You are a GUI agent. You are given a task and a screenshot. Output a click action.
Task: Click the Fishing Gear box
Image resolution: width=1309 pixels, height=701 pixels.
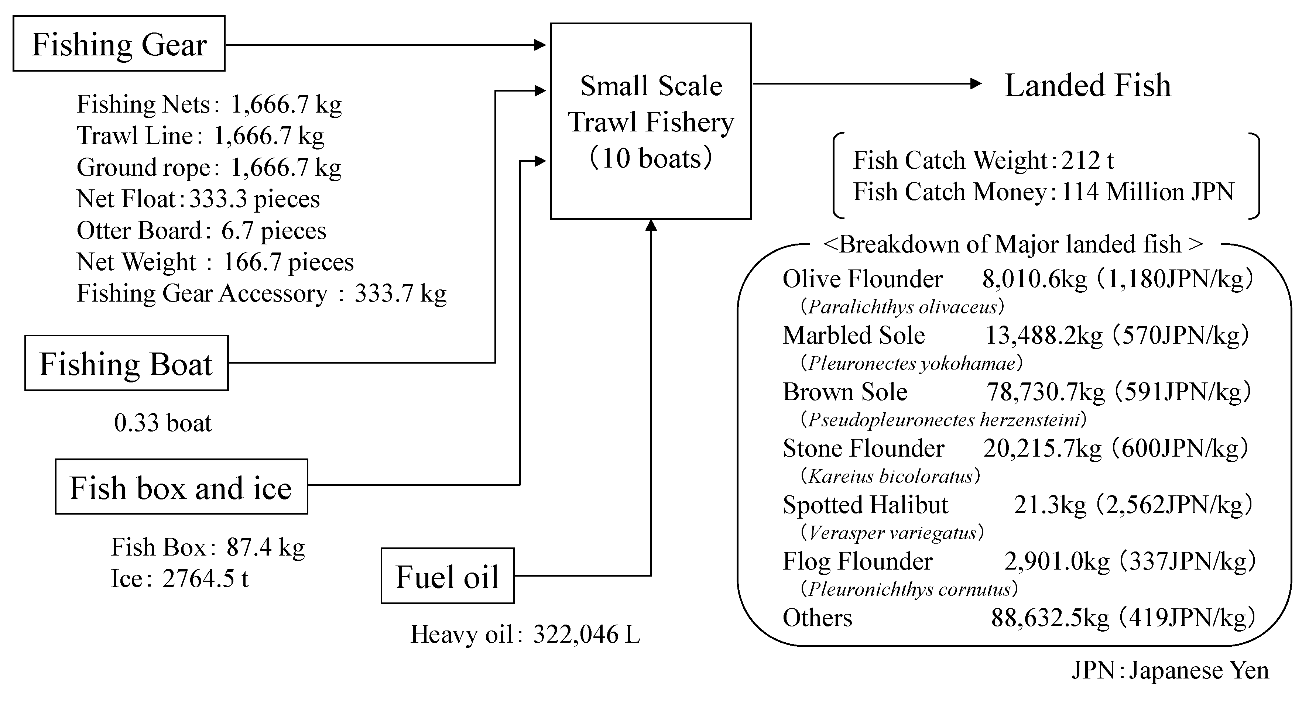point(119,44)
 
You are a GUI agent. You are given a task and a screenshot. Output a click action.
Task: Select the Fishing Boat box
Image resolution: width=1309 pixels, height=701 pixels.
point(127,363)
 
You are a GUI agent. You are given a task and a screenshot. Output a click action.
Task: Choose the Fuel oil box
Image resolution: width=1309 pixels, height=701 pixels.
point(447,576)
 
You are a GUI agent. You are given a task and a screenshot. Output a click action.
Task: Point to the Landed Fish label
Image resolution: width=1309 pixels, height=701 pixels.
point(1087,85)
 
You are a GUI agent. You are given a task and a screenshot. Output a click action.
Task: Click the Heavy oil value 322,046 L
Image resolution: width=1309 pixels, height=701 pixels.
point(586,634)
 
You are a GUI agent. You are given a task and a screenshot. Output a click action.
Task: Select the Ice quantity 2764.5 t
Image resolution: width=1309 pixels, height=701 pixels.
point(205,578)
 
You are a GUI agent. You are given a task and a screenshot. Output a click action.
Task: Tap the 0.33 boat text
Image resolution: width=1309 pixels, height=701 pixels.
point(162,423)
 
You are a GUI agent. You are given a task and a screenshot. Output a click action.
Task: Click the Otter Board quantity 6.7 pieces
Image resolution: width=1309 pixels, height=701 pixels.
point(274,231)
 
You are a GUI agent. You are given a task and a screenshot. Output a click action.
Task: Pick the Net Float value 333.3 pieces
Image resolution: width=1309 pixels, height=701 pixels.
point(254,199)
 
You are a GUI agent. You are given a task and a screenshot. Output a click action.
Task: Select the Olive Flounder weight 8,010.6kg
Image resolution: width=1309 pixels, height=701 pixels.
point(1034,279)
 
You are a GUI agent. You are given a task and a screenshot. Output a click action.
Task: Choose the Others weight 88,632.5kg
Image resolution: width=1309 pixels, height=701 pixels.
point(1050,618)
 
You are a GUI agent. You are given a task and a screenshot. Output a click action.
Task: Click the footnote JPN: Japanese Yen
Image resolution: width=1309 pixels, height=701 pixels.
point(1170,670)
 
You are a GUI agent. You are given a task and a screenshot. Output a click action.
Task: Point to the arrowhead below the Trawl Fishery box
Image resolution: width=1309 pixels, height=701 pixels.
point(651,226)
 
